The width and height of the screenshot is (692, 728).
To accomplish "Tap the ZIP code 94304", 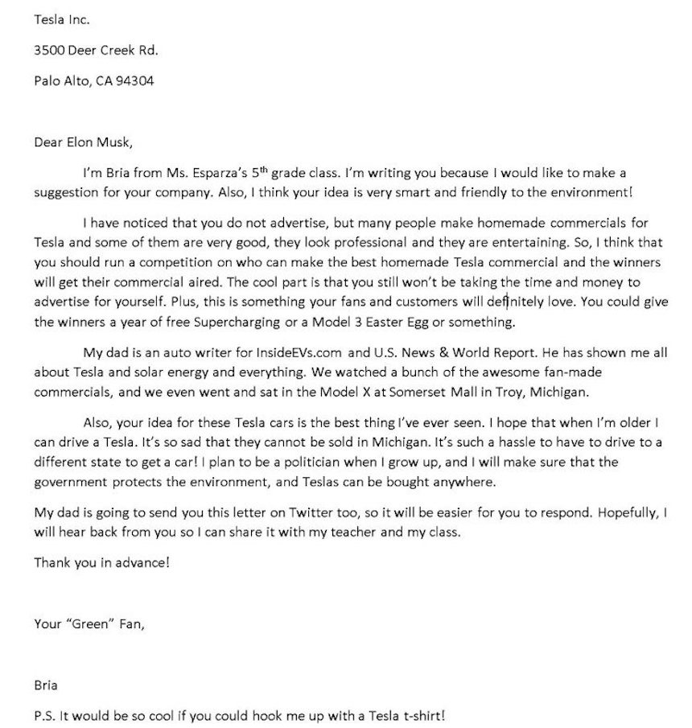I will coord(135,80).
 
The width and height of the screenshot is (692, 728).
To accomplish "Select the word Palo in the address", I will coord(47,80).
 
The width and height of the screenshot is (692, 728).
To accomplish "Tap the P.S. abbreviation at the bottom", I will coord(45,714).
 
